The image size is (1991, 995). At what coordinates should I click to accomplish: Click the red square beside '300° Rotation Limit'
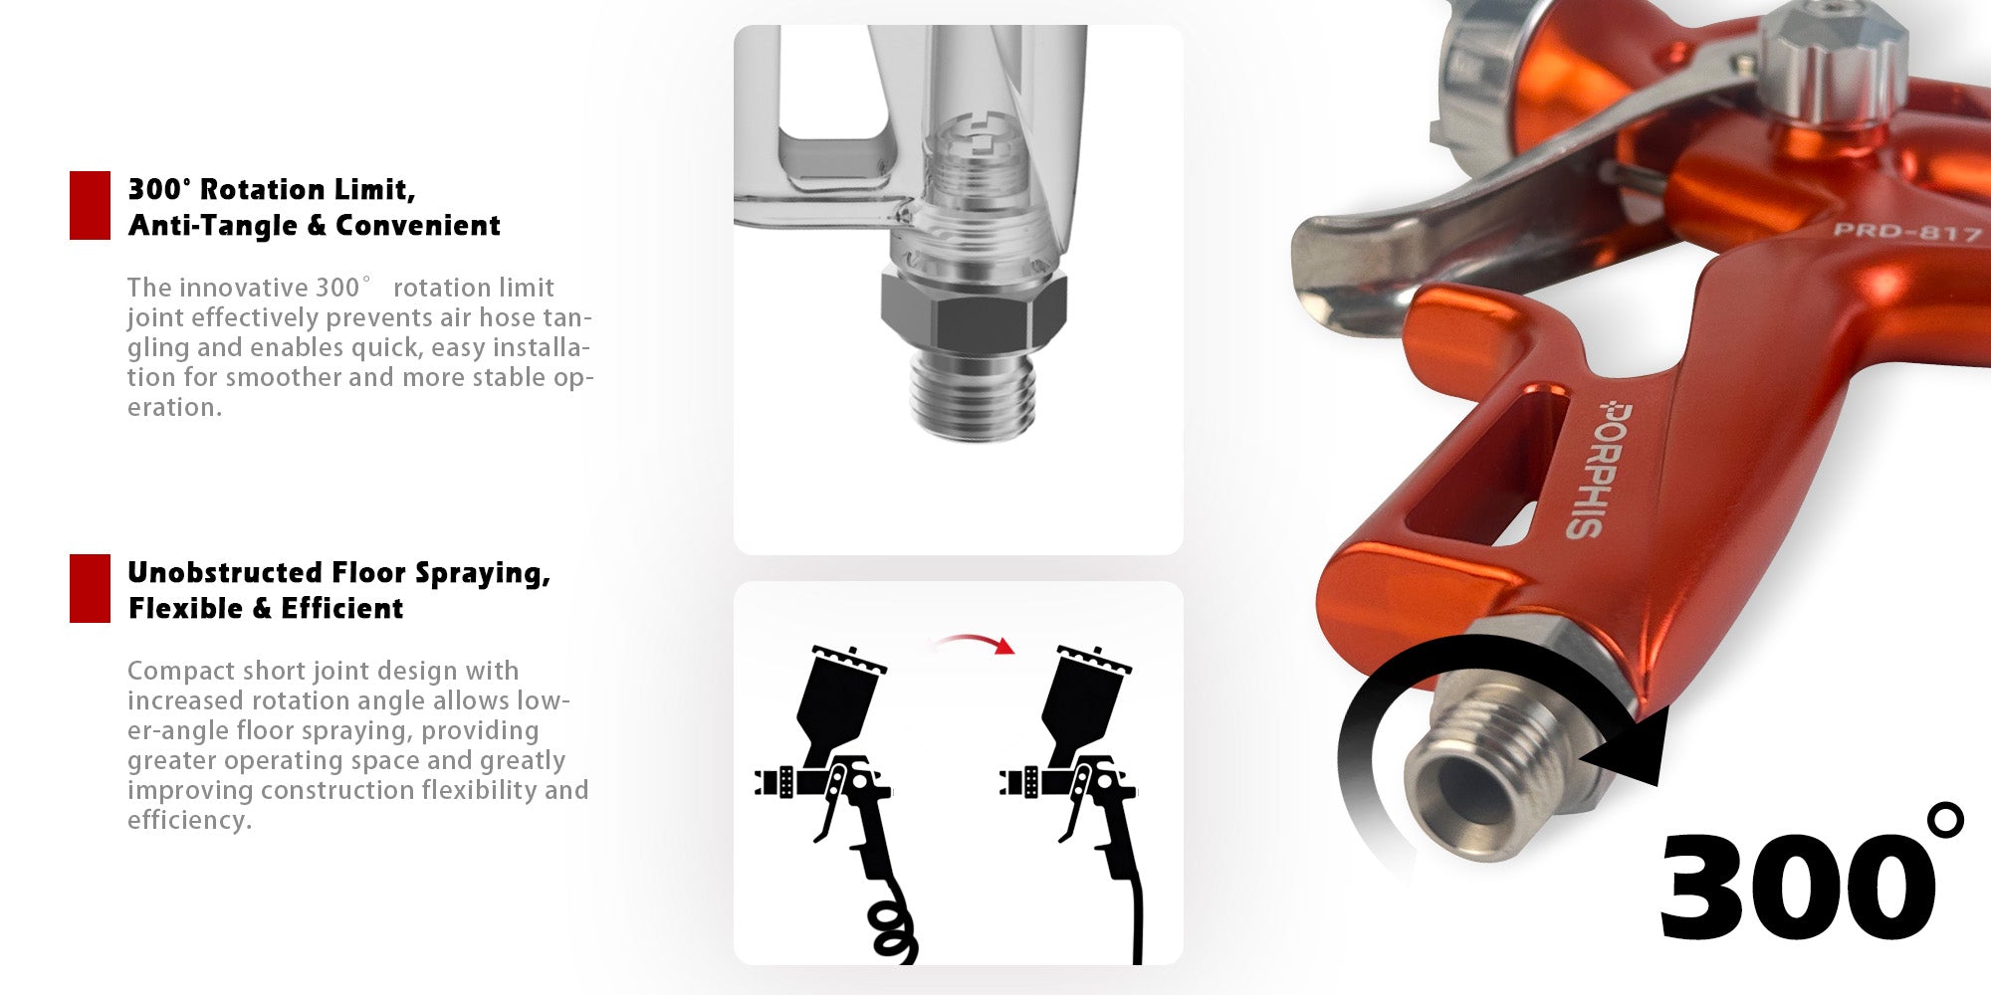tap(90, 205)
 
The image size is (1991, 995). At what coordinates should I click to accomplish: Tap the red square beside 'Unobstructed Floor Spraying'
tap(90, 588)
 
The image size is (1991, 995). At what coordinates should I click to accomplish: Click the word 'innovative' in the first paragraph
tap(244, 288)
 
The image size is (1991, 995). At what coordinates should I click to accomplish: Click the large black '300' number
tap(1797, 885)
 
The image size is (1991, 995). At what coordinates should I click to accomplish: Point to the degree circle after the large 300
tap(1945, 820)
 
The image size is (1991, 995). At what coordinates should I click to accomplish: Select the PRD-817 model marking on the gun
tap(1906, 232)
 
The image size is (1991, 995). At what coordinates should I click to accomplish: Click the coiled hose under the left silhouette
tap(893, 931)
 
